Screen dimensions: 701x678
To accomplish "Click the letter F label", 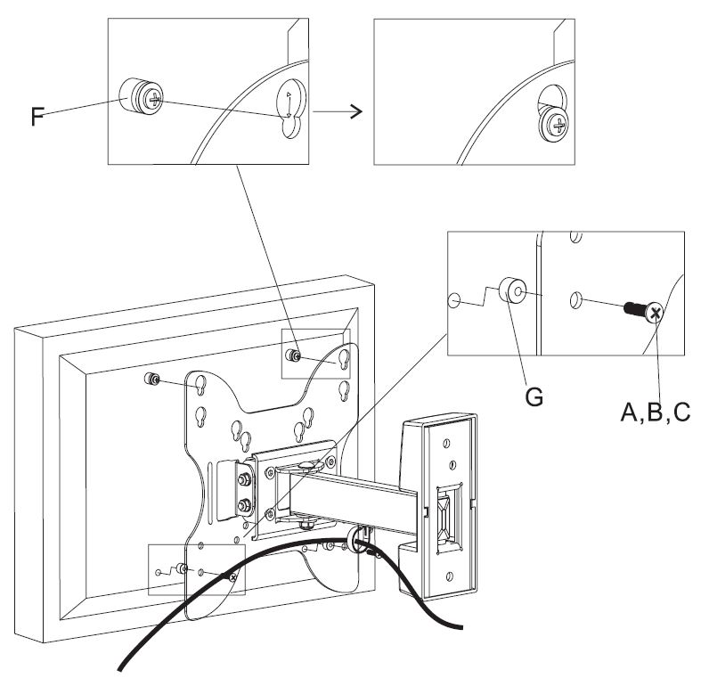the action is pos(37,116).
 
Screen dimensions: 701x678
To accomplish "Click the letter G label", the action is pos(534,396).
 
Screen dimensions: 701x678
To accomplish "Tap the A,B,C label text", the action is pos(656,412).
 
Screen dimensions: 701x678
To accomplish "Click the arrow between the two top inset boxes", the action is pos(337,111).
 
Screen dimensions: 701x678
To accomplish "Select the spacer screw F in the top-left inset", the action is pos(142,97).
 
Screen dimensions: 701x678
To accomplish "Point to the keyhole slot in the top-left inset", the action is pos(290,108).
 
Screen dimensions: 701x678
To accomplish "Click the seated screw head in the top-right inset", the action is pos(554,125).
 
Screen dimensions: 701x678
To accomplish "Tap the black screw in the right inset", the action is pos(643,310).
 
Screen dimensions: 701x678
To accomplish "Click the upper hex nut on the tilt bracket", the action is pos(244,480).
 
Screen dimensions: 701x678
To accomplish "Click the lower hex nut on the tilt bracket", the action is pos(244,506).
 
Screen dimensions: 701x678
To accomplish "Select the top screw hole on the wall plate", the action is pos(446,443).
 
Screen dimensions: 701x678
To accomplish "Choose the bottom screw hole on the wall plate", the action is pos(450,576).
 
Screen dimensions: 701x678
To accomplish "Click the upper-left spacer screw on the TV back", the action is pos(152,380).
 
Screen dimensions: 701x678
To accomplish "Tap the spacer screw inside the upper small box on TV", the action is pos(293,355).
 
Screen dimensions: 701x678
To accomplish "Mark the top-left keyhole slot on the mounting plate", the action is pos(200,385).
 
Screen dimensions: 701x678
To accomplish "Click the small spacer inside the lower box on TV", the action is pos(182,569).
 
